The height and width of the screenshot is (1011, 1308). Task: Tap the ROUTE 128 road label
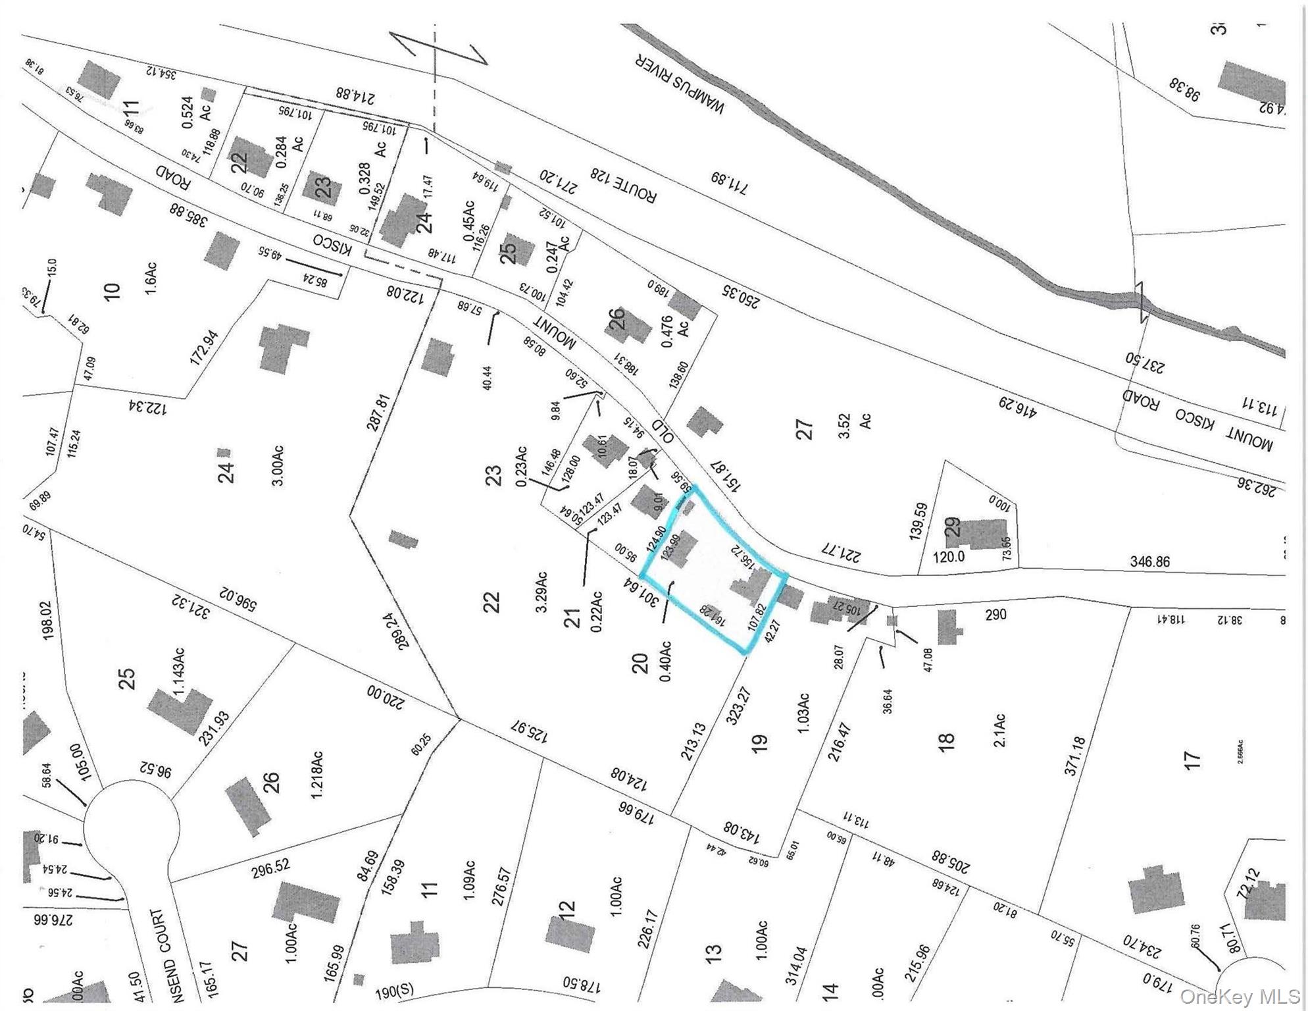point(623,185)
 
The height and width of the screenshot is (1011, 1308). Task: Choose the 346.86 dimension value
point(1150,561)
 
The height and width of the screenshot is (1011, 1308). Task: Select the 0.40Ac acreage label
point(665,661)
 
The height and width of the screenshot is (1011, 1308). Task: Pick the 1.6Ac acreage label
point(151,278)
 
